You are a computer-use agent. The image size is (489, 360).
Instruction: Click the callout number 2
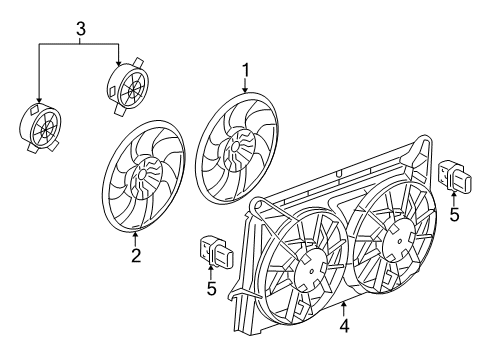(135, 255)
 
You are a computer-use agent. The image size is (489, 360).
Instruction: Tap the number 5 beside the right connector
(453, 214)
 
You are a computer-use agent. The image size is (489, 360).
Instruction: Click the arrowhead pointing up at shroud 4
(343, 303)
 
